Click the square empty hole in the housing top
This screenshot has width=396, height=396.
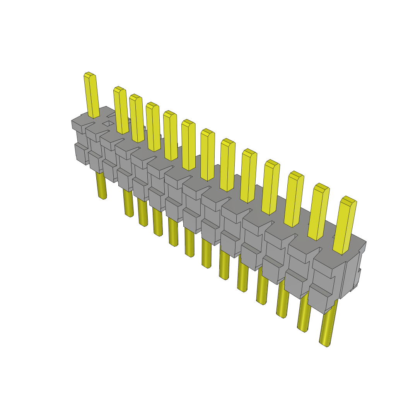pos(108,124)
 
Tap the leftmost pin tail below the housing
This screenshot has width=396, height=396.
pos(101,186)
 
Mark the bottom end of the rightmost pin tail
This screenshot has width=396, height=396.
pos(324,343)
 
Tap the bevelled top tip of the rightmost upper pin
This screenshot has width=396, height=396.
pos(348,200)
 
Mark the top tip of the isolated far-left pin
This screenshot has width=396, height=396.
pos(89,74)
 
